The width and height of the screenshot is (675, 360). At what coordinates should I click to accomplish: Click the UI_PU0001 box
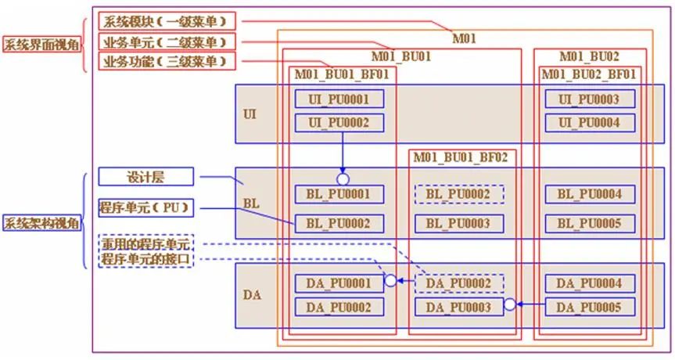click(339, 99)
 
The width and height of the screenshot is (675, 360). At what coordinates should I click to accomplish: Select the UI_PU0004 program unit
click(590, 123)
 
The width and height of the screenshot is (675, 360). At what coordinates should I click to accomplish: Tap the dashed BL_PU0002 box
click(458, 193)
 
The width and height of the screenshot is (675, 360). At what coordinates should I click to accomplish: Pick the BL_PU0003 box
click(458, 224)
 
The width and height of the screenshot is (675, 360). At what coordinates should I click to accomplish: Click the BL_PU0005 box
click(590, 224)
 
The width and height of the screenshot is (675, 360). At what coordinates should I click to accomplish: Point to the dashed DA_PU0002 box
click(458, 283)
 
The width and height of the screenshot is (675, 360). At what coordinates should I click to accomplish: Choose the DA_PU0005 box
click(590, 307)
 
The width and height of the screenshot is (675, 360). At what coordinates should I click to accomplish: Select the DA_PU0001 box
click(339, 283)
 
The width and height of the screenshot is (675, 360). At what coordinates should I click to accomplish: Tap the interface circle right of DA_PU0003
click(510, 304)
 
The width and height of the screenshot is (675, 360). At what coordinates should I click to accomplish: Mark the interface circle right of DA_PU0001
click(390, 281)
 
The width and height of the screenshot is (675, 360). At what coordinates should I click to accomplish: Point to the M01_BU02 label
click(589, 56)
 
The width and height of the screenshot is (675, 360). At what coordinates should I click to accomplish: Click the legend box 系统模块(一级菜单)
click(167, 21)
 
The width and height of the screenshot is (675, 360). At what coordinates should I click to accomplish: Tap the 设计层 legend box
click(145, 177)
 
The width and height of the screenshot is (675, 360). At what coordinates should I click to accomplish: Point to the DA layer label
click(252, 296)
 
